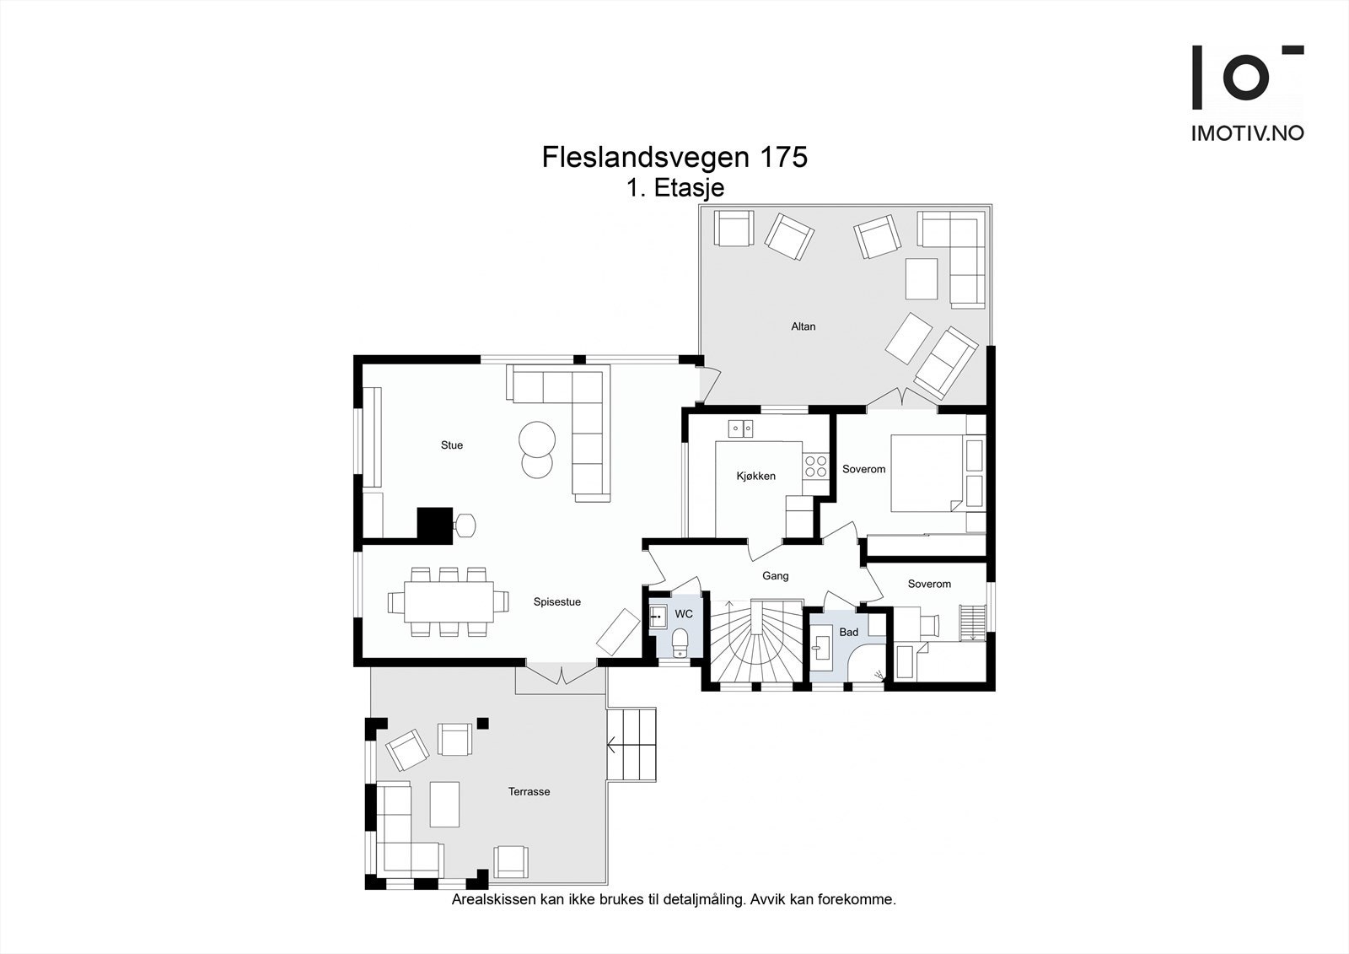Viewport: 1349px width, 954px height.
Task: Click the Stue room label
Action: point(452,445)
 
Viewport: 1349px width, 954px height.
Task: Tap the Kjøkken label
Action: point(755,477)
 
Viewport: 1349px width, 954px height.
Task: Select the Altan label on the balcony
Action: point(803,326)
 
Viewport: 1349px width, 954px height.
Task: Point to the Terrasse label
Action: point(529,792)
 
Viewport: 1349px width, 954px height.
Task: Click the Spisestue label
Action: point(556,602)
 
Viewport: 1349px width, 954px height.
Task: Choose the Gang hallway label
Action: point(775,576)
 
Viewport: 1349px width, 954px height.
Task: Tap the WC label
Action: point(684,614)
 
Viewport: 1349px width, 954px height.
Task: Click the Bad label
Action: point(848,633)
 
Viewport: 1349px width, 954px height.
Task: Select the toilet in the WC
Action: point(680,645)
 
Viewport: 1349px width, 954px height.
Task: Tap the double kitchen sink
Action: point(741,429)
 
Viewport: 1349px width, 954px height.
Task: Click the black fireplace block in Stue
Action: point(435,523)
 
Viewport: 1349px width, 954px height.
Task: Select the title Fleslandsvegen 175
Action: point(674,158)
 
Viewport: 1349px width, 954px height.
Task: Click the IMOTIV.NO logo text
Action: point(1247,133)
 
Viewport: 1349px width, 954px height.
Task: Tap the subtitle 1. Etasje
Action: point(674,188)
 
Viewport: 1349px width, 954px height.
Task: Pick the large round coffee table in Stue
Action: point(537,439)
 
